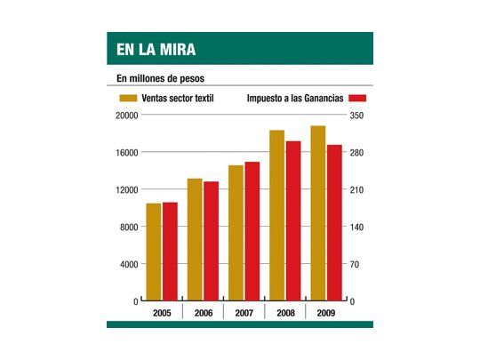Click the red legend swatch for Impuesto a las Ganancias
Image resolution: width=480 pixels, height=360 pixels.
pyautogui.click(x=361, y=98)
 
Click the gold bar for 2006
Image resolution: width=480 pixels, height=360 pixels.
pyautogui.click(x=195, y=240)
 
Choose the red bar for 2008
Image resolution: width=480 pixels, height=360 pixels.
pyautogui.click(x=292, y=221)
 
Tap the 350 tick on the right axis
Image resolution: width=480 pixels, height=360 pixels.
pyautogui.click(x=356, y=116)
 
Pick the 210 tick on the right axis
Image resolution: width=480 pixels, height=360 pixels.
pyautogui.click(x=356, y=190)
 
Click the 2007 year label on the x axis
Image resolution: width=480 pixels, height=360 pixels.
pyautogui.click(x=244, y=314)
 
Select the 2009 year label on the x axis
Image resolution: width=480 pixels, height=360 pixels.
pyautogui.click(x=325, y=314)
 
